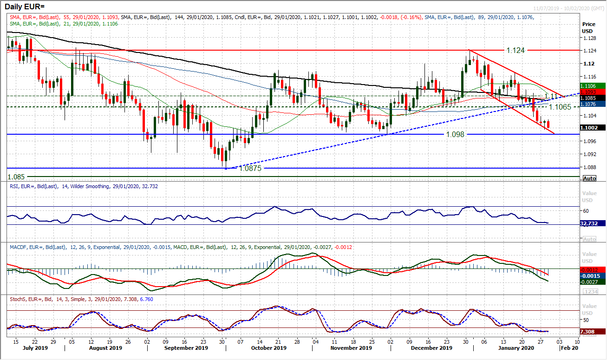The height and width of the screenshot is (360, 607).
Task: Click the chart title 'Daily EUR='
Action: (x=27, y=7)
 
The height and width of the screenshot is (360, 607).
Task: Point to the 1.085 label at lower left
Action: (x=17, y=177)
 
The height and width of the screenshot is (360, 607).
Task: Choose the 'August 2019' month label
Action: (x=105, y=347)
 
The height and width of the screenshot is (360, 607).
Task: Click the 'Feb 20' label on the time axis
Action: (x=569, y=347)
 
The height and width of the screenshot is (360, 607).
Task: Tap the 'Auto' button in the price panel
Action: (x=589, y=178)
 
